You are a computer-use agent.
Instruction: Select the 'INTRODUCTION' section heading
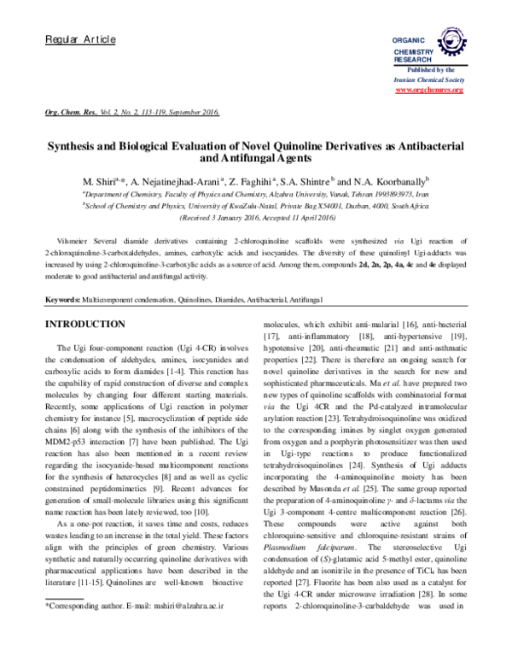90,326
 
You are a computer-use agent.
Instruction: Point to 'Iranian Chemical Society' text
428,78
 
